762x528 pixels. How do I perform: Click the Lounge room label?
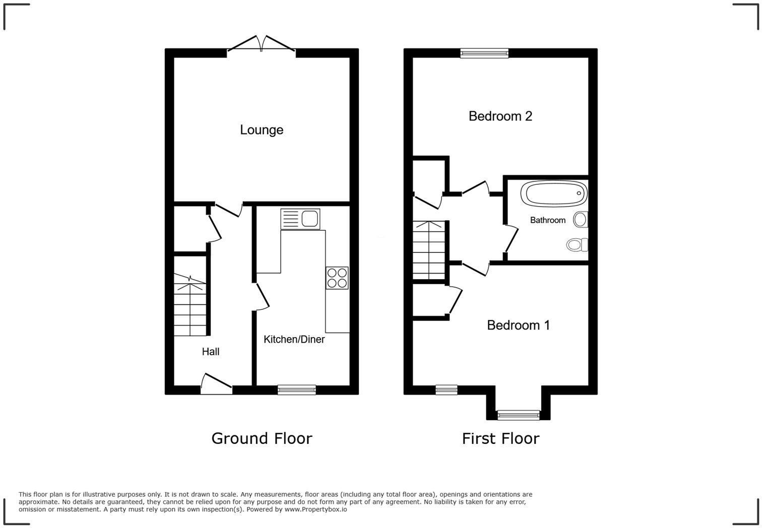coord(262,130)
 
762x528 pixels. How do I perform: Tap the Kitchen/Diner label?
coord(294,340)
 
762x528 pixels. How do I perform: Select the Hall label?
coord(211,352)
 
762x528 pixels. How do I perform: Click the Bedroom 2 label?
coord(500,116)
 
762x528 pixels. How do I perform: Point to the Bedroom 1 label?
coord(518,325)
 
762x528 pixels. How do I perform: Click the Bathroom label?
coord(547,220)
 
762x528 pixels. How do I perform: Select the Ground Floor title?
coord(262,438)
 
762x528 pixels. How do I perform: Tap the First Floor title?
coord(500,438)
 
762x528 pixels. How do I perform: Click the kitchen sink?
coord(300,219)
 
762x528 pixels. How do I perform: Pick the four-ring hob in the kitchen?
coord(337,278)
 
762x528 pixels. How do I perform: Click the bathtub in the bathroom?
coord(554,193)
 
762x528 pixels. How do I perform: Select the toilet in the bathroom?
coord(578,245)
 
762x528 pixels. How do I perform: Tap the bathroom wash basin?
coord(581,220)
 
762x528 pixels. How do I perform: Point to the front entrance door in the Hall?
coord(216,385)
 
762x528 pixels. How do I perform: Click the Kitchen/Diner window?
coord(297,389)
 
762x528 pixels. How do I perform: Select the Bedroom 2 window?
coord(484,53)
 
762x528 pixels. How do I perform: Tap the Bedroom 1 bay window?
coord(519,416)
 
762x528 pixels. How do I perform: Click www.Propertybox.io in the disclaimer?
coord(315,509)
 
